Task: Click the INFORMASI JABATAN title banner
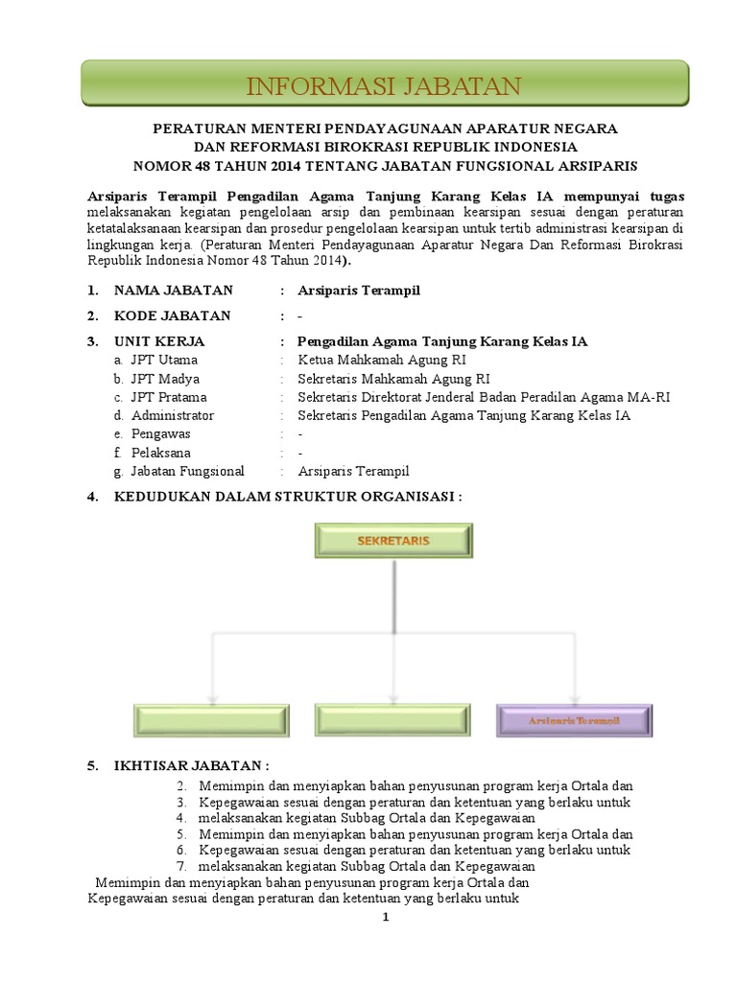click(x=384, y=85)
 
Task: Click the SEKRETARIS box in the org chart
click(x=393, y=542)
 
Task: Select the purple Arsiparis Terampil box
click(x=574, y=720)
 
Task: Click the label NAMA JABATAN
click(x=173, y=290)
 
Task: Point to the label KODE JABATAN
click(x=173, y=316)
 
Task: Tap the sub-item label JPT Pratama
click(x=169, y=397)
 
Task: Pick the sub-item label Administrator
click(x=173, y=415)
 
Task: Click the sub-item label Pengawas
click(x=161, y=433)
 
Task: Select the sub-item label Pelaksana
click(x=161, y=453)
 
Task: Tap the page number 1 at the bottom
click(x=385, y=918)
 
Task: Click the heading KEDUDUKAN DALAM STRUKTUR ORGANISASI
click(x=288, y=497)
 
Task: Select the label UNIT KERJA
click(x=159, y=341)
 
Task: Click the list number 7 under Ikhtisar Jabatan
click(x=180, y=866)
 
